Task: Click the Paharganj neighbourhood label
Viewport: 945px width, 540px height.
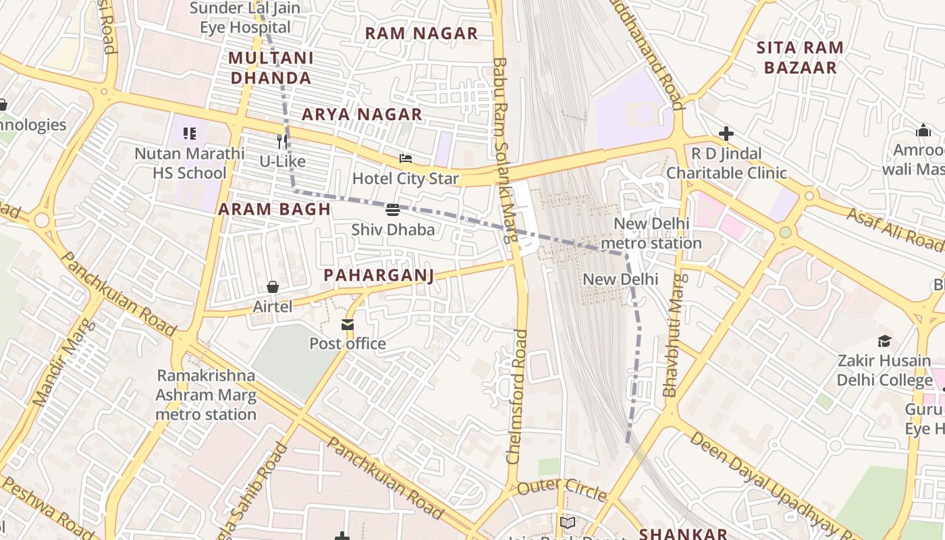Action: tap(378, 275)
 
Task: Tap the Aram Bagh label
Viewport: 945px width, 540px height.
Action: tap(275, 209)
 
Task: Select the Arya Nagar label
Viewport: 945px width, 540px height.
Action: tap(362, 115)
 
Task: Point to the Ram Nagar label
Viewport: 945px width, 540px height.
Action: tap(421, 33)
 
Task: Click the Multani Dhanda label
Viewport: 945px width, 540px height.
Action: tap(271, 67)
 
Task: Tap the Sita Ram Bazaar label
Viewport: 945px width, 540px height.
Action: tap(799, 57)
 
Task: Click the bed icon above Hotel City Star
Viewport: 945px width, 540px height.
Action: tap(406, 159)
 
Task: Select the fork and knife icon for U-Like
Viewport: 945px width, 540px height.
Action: tap(283, 142)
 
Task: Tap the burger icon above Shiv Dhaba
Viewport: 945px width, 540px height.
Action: tap(393, 210)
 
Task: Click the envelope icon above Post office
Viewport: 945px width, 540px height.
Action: tap(348, 325)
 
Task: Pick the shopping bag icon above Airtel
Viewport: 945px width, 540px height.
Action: tap(273, 288)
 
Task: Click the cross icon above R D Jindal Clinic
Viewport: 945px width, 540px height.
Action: tap(726, 134)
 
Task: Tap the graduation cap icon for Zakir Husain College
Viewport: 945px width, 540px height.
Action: tap(884, 342)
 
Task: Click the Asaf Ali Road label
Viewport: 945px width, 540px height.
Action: tap(895, 228)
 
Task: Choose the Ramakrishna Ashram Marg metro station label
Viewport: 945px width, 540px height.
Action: tap(206, 395)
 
